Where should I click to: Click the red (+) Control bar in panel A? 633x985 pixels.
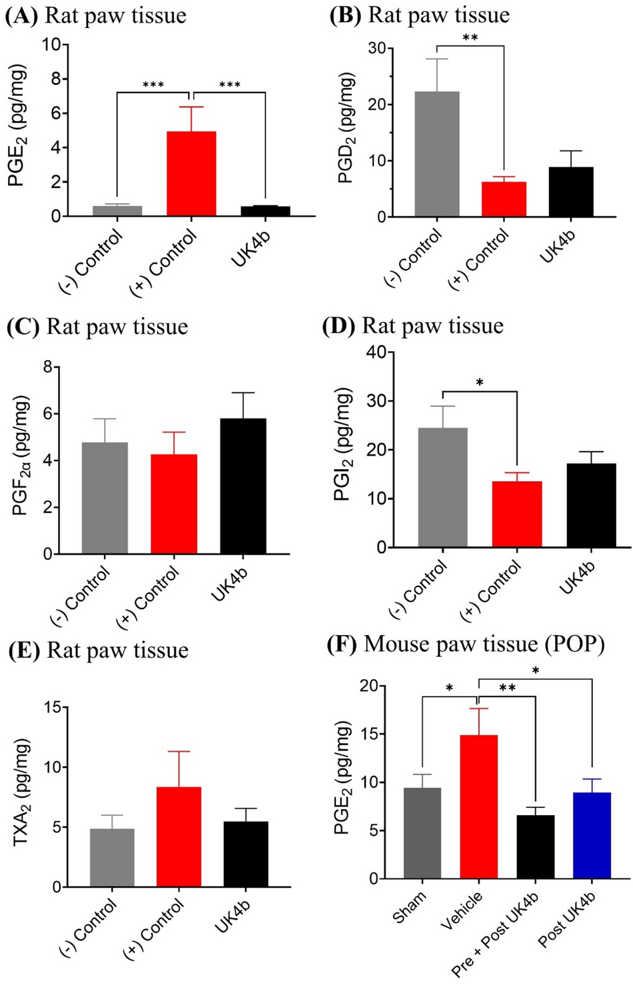coord(191,173)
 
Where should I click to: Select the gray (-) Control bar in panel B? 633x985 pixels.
coord(436,153)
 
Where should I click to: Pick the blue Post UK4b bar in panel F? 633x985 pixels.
coord(592,836)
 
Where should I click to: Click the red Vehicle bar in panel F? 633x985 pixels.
coord(478,806)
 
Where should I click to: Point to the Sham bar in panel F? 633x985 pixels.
coord(422,833)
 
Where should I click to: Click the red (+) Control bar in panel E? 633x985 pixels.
coord(179,837)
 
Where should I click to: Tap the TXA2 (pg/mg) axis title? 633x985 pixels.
coord(23,793)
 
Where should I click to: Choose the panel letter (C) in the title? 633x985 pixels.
coord(22,327)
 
